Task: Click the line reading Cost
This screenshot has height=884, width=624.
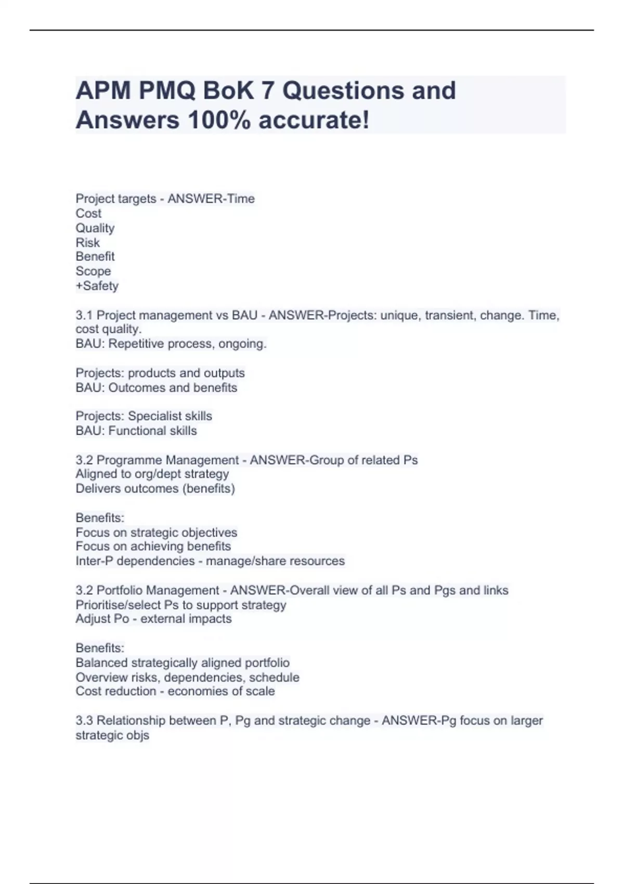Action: click(x=88, y=213)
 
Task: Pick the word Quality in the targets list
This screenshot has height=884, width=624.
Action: click(x=95, y=228)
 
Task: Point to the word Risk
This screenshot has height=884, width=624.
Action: click(x=87, y=242)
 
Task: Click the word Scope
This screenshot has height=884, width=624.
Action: click(x=93, y=271)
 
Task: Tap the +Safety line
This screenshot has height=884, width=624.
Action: click(x=97, y=285)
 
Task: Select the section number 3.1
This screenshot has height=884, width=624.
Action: click(x=84, y=315)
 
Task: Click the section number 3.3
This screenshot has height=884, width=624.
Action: click(x=84, y=720)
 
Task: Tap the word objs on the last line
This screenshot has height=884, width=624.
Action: click(x=138, y=735)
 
